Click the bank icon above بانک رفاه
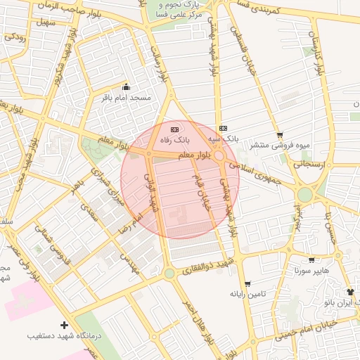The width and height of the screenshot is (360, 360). [x=175, y=129]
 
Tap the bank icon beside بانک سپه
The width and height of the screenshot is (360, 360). [x=223, y=128]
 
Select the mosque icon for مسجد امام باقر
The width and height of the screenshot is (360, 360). [x=127, y=87]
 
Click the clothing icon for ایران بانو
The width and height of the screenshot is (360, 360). [x=351, y=291]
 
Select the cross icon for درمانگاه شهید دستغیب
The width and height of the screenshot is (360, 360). [x=65, y=325]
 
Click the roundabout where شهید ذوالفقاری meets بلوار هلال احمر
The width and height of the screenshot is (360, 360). [x=169, y=273]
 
